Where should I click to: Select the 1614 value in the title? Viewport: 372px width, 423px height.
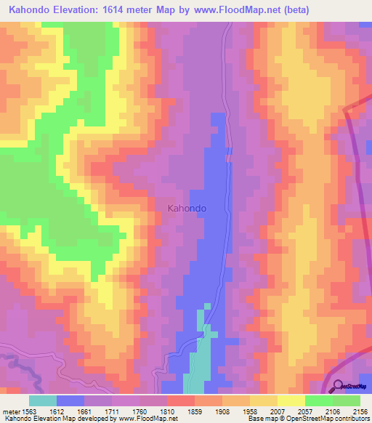click(139, 10)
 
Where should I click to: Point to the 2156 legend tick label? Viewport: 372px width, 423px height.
click(359, 411)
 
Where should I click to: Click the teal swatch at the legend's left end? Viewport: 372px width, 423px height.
click(43, 400)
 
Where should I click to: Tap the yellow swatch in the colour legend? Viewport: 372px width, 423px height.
click(291, 400)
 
